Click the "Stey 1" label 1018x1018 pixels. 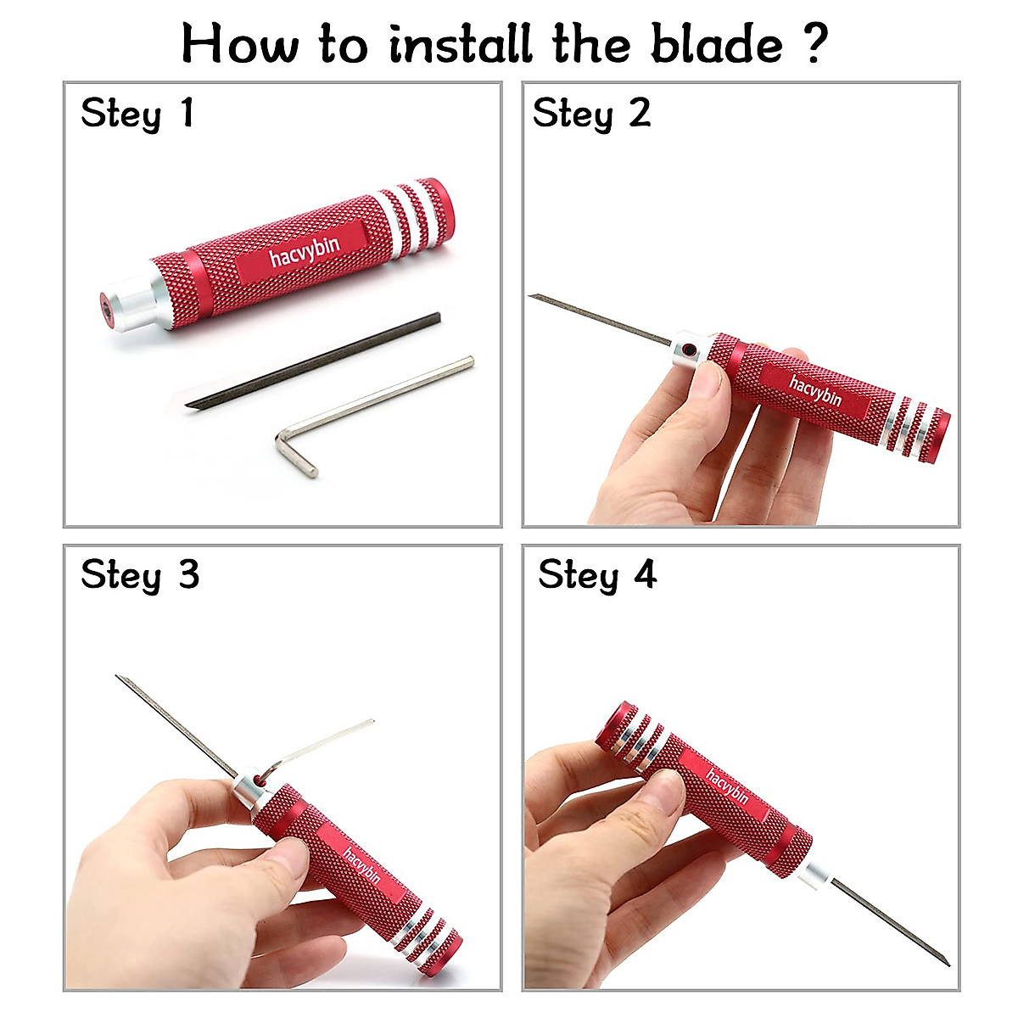click(x=137, y=114)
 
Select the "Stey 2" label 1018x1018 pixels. click(x=591, y=114)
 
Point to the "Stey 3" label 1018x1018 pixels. click(x=140, y=575)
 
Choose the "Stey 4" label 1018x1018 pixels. click(x=597, y=575)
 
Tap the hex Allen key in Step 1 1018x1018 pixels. click(x=373, y=407)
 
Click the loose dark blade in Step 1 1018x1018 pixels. click(x=314, y=361)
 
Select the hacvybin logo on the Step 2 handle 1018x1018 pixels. click(x=815, y=391)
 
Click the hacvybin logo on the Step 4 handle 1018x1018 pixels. click(x=727, y=787)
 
